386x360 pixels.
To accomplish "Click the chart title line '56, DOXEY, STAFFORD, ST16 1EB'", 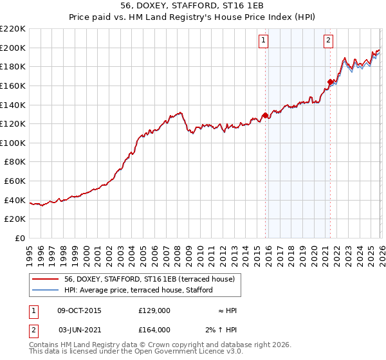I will pyautogui.click(x=192, y=6).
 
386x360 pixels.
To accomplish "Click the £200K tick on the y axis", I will pyautogui.click(x=13, y=48).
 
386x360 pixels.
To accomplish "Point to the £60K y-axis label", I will pyautogui.click(x=15, y=181).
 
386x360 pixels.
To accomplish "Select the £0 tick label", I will pyautogui.click(x=21, y=239).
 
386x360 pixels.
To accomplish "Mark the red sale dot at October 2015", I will pyautogui.click(x=265, y=116).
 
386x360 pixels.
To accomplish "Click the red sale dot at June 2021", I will pyautogui.click(x=330, y=82).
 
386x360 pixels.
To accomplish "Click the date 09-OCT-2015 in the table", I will pyautogui.click(x=79, y=310).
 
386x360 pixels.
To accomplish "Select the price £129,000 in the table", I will pyautogui.click(x=154, y=310).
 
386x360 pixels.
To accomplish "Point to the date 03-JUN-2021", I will pyautogui.click(x=79, y=330).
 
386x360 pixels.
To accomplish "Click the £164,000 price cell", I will pyautogui.click(x=154, y=330).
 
